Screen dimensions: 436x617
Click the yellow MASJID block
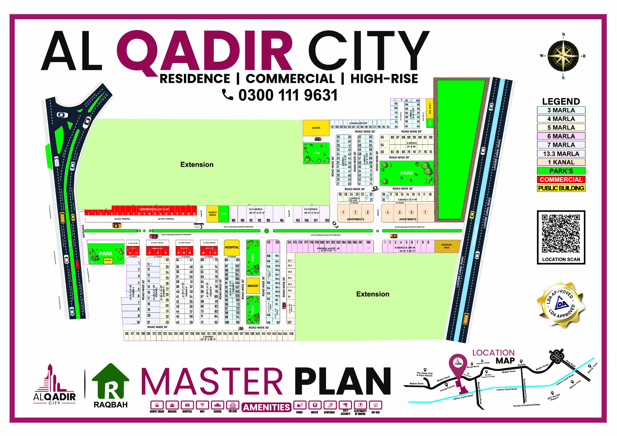tap(253, 286)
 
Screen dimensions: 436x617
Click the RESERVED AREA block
tap(446, 246)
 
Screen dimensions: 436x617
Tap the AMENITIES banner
tap(266, 407)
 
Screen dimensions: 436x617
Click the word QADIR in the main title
tap(204, 51)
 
